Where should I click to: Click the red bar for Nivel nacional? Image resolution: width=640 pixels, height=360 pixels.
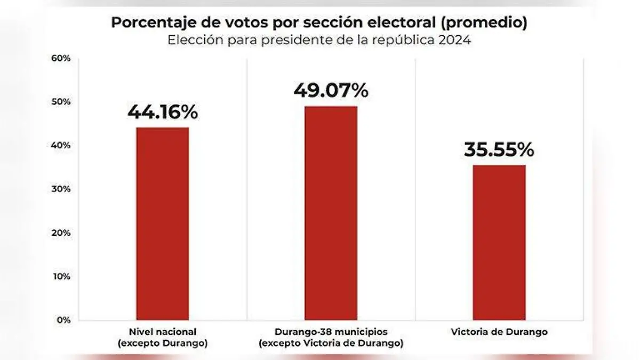pyautogui.click(x=162, y=223)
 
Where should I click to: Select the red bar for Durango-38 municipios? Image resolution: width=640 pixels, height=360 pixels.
pyautogui.click(x=331, y=213)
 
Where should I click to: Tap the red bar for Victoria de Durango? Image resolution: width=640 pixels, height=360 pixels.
pyautogui.click(x=499, y=242)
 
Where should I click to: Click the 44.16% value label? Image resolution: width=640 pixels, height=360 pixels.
pyautogui.click(x=162, y=113)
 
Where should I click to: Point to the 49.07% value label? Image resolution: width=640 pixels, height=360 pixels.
pyautogui.click(x=331, y=91)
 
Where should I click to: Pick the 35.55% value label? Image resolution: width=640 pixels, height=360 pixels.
pyautogui.click(x=499, y=150)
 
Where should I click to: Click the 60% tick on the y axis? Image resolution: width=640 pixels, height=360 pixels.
pyautogui.click(x=60, y=58)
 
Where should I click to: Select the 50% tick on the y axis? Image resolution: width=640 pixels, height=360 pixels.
pyautogui.click(x=60, y=102)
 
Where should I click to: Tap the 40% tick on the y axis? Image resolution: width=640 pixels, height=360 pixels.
pyautogui.click(x=60, y=146)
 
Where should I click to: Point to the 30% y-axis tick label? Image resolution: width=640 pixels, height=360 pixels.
pyautogui.click(x=60, y=189)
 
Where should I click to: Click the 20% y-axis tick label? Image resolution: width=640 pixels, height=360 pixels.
pyautogui.click(x=60, y=233)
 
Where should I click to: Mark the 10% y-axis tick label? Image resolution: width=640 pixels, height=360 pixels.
pyautogui.click(x=60, y=277)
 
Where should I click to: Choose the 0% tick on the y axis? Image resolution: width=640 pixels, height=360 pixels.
pyautogui.click(x=62, y=320)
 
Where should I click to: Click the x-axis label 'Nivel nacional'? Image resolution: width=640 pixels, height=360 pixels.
pyautogui.click(x=162, y=332)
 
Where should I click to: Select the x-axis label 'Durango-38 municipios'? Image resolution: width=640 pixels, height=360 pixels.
pyautogui.click(x=331, y=332)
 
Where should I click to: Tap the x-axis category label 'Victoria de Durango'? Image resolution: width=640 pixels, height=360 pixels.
pyautogui.click(x=499, y=332)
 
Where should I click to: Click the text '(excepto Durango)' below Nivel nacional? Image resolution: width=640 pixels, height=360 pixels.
pyautogui.click(x=162, y=343)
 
